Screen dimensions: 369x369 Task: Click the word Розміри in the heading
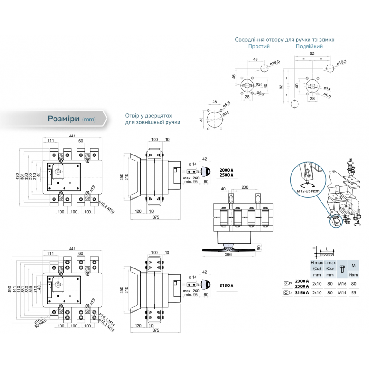pos(63,118)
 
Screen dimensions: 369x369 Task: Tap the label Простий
pos(259,47)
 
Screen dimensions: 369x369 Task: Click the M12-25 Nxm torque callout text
pos(306,190)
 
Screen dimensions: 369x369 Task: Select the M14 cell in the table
pos(342,292)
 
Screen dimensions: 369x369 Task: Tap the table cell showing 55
pos(354,292)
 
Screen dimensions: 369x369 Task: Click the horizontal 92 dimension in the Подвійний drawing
pos(312,54)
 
